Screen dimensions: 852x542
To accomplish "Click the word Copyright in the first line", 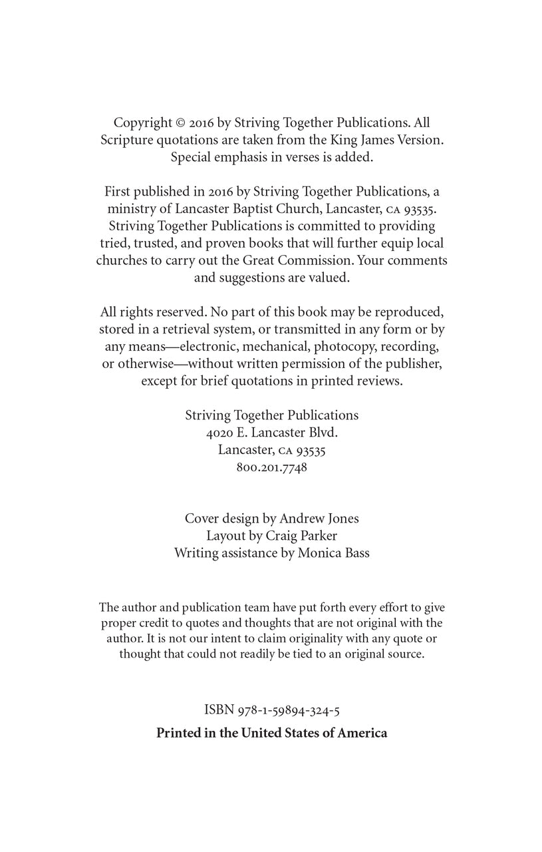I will tap(143, 123).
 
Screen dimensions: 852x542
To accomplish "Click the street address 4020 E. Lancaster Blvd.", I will tap(272, 433).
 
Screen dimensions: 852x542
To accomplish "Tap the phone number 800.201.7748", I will tap(271, 467).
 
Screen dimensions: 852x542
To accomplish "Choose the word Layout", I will tap(226, 536).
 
